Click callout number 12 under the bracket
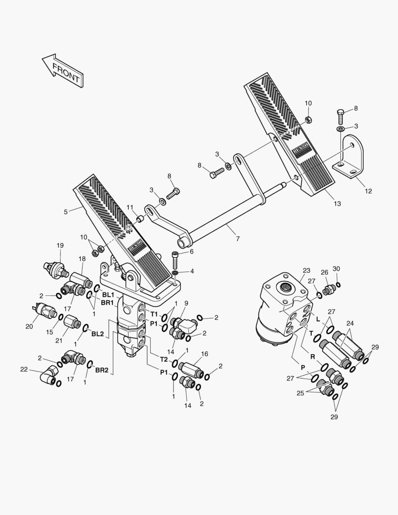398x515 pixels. pos(368,191)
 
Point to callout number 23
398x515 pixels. pos(306,270)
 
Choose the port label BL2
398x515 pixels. pos(97,334)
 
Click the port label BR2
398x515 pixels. pos(101,370)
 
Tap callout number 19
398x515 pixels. pos(60,245)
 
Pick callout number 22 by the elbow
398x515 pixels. pos(24,369)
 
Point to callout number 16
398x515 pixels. pos(204,354)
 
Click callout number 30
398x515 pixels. pos(337,268)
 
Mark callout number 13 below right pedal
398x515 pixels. pos(337,204)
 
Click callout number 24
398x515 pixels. pos(350,322)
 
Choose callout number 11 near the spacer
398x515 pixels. pos(130,206)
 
